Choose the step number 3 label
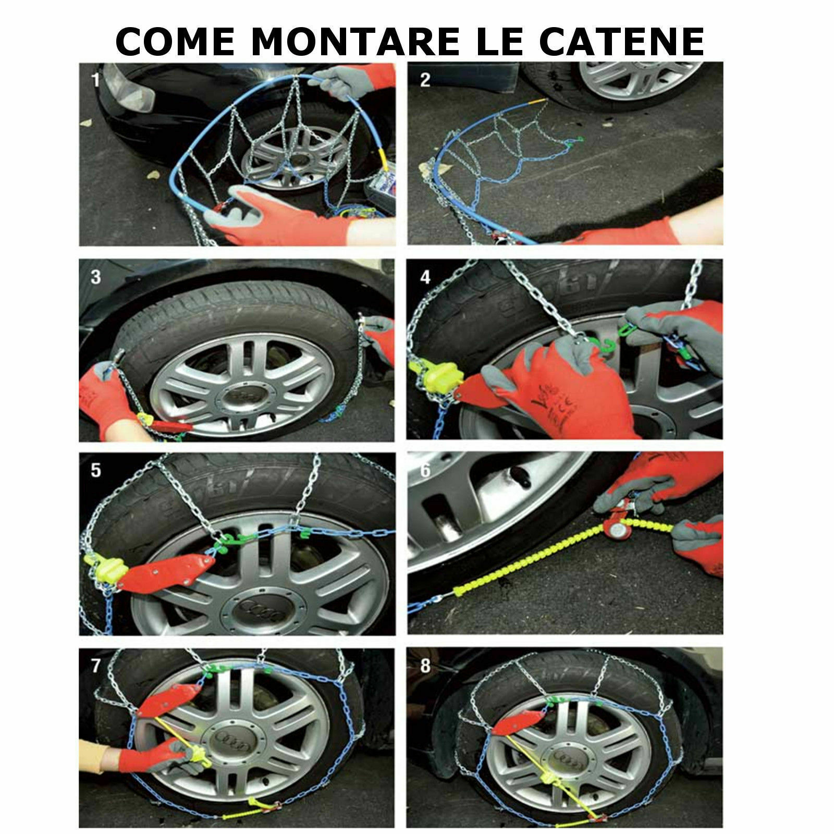pos(95,277)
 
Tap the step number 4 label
pos(425,277)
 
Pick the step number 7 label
pos(95,666)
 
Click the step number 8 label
pos(425,666)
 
